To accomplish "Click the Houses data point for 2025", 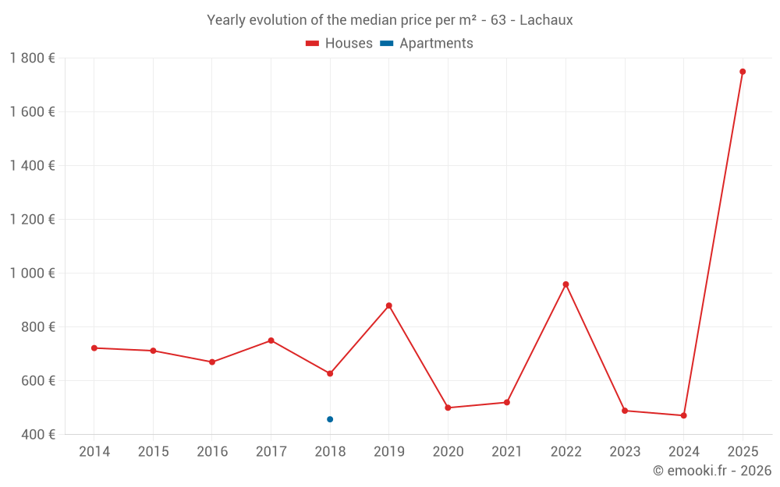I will click(743, 72).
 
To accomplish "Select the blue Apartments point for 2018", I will click(330, 419).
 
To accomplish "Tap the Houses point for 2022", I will click(565, 284).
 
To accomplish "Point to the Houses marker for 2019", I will click(389, 305).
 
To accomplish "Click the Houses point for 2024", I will click(683, 415).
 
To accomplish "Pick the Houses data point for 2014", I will click(94, 348).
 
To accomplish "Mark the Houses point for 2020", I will click(448, 408).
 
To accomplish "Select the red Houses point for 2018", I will click(330, 373).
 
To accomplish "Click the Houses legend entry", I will click(339, 44).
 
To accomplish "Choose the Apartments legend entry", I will click(427, 44).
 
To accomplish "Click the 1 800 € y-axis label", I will click(33, 58).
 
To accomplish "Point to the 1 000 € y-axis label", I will click(33, 273).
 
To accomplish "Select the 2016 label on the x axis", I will click(212, 452).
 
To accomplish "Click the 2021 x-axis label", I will click(507, 452).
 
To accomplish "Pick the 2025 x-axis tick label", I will click(743, 452).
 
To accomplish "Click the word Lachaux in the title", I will click(546, 20).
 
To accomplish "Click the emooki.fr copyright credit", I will click(712, 471).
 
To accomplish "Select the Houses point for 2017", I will click(271, 341).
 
